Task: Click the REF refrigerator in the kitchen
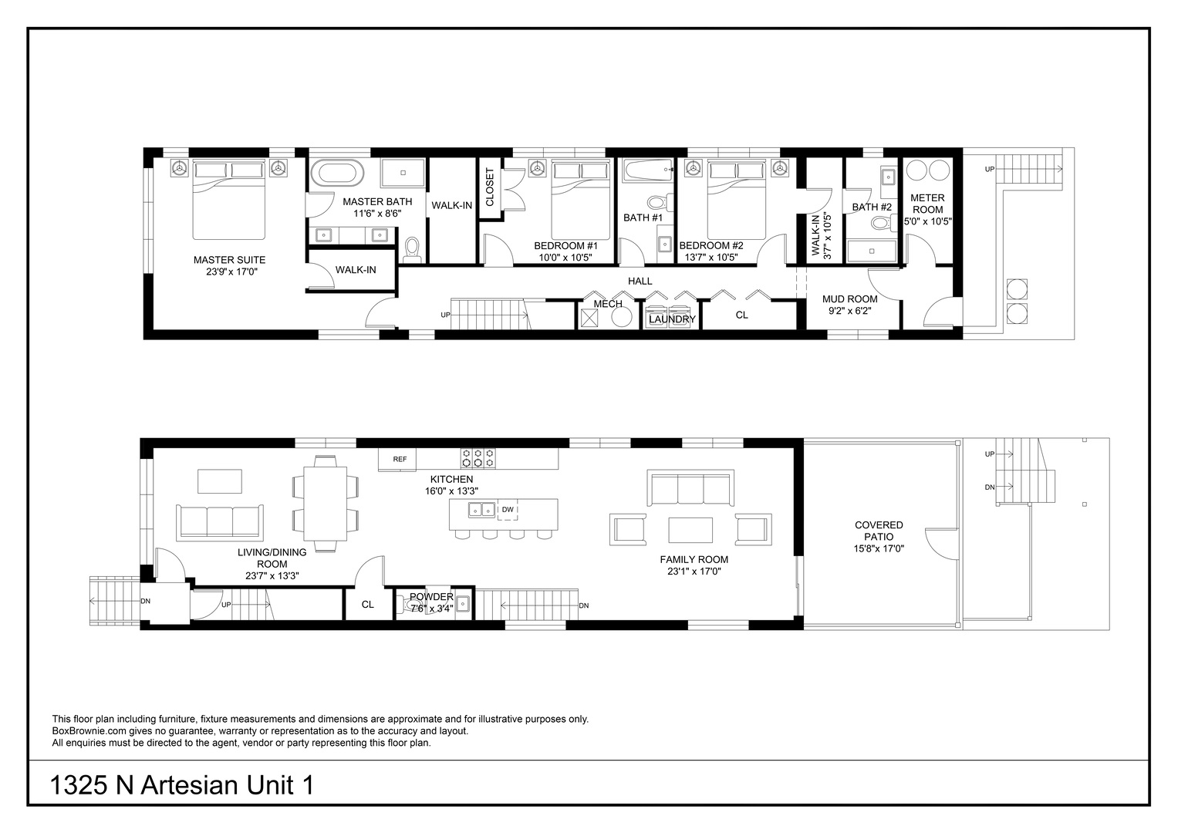click(397, 459)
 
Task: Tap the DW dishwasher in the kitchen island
click(508, 510)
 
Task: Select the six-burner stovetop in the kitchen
click(478, 457)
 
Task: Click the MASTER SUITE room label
click(229, 260)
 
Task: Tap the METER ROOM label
click(927, 204)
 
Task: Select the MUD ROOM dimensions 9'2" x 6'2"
click(850, 311)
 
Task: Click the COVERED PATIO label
click(879, 531)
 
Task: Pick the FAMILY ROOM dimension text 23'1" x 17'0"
click(694, 571)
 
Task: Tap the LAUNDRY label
click(672, 319)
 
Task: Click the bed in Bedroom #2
click(735, 201)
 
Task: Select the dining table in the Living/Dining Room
click(326, 503)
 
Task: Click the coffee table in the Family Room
click(690, 530)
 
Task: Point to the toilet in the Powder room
click(410, 606)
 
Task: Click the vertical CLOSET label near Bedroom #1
click(490, 187)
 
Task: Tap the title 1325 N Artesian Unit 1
click(182, 786)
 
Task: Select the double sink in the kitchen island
click(482, 510)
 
